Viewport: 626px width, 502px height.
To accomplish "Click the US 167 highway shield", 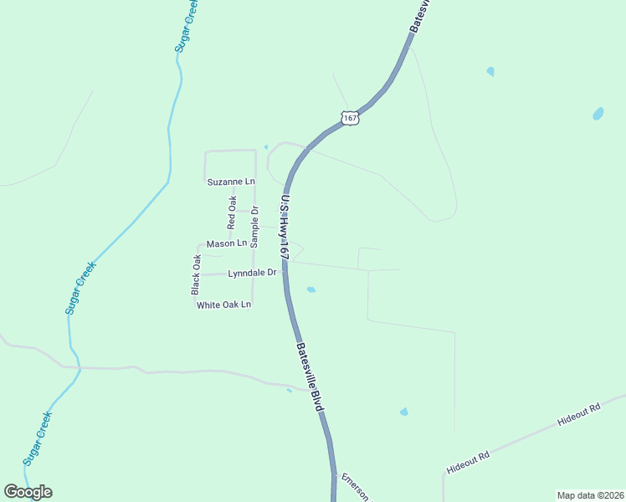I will click(351, 117).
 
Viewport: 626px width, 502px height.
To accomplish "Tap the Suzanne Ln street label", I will click(230, 182).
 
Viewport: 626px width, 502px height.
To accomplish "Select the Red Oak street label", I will click(233, 213).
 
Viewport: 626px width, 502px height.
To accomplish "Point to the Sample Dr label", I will click(255, 225).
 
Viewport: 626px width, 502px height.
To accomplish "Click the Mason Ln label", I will click(227, 243).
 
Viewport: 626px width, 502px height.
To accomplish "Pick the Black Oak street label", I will click(196, 274).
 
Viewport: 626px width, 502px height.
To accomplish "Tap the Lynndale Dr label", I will click(252, 273).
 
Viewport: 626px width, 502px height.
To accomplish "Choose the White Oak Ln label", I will click(223, 305).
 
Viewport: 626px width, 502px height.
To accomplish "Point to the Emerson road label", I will click(354, 487).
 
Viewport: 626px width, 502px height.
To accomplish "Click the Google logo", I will click(28, 492).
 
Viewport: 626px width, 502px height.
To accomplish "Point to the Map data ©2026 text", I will click(590, 494).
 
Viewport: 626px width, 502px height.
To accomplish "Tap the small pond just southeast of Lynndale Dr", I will click(311, 290).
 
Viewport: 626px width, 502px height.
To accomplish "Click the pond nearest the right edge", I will click(598, 114).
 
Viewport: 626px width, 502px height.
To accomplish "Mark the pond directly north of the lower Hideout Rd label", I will click(403, 412).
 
